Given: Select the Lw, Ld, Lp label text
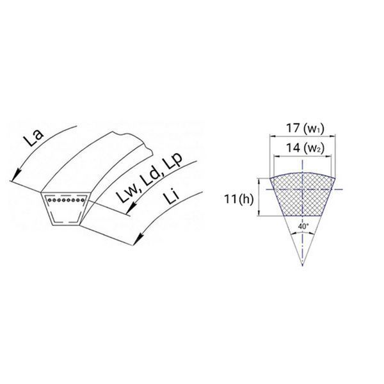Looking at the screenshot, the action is [x=149, y=178].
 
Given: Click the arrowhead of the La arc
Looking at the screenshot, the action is [x=15, y=175].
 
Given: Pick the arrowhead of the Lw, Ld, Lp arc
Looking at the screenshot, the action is [x=131, y=209].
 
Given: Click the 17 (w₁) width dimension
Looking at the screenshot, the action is [x=305, y=129].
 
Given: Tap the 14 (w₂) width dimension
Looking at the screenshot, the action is [x=305, y=148].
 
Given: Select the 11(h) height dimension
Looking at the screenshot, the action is [x=239, y=199].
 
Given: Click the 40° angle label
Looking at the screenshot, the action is [x=303, y=227].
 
